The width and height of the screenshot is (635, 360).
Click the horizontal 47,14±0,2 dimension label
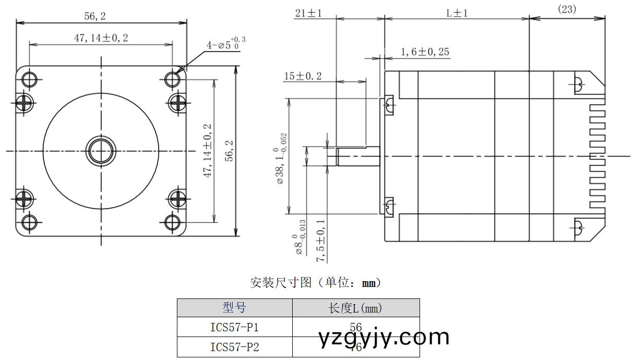pos(100,38)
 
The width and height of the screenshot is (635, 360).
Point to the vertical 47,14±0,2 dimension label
pos(207,151)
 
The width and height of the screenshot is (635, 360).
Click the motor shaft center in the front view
pos(101,151)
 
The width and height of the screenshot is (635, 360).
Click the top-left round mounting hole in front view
pos(29,79)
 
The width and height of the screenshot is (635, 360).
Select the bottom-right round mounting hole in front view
pos(172,223)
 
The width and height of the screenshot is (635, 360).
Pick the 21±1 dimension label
pos(308,13)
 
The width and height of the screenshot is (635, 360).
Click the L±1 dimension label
pos(457,13)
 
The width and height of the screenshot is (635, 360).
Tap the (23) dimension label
pos(567,9)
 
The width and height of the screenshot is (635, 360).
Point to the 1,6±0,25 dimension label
pos(425,52)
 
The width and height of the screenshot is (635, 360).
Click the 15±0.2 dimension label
pos(303,76)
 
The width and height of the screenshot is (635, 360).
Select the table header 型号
pos(234,308)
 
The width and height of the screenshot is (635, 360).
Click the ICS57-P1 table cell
pos(234,327)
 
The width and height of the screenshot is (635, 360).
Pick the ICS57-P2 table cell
pos(234,347)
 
